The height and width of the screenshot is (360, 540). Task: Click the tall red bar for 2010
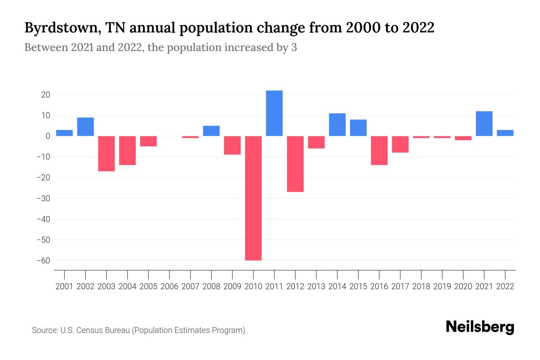pos(253,198)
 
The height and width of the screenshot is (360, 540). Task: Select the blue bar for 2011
pos(274,113)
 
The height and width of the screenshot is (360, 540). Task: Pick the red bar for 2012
pos(295,164)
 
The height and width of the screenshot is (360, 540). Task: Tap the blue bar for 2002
pos(85,127)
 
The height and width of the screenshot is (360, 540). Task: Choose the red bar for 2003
pos(106,154)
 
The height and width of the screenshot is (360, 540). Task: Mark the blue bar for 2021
pos(484,124)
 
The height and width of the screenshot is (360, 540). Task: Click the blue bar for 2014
pos(337,124)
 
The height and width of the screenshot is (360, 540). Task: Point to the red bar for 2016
pos(379,150)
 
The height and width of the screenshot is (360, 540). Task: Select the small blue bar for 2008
pos(211,131)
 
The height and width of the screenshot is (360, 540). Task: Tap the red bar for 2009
pos(232,145)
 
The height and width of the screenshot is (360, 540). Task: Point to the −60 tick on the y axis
pos(43,261)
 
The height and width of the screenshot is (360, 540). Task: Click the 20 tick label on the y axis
pos(46,95)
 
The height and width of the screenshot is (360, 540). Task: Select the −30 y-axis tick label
pos(43,199)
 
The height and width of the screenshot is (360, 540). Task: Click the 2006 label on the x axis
pos(169,286)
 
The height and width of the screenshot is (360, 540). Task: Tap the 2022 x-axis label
pos(505,286)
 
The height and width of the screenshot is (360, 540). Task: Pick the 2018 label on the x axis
pos(421,286)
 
